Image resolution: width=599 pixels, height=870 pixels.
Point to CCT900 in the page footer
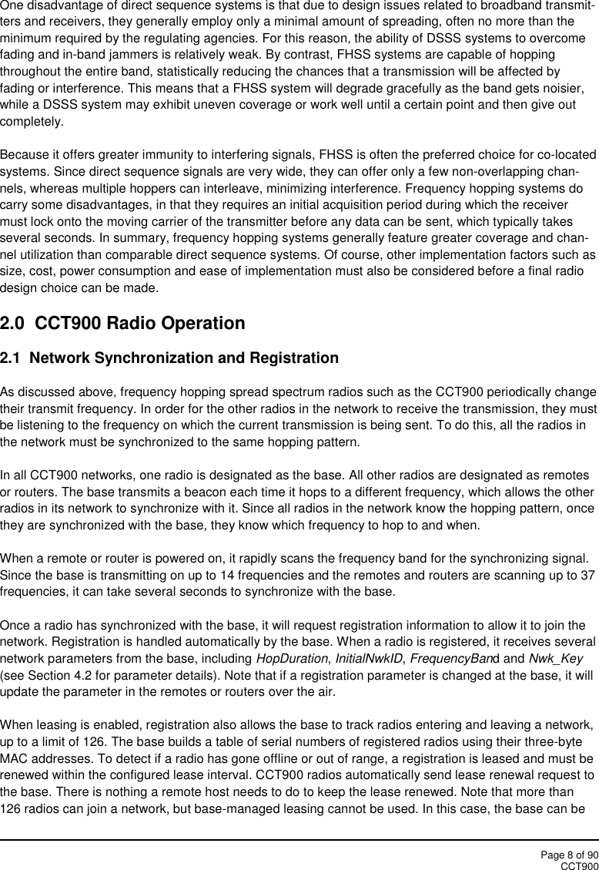click(x=579, y=865)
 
